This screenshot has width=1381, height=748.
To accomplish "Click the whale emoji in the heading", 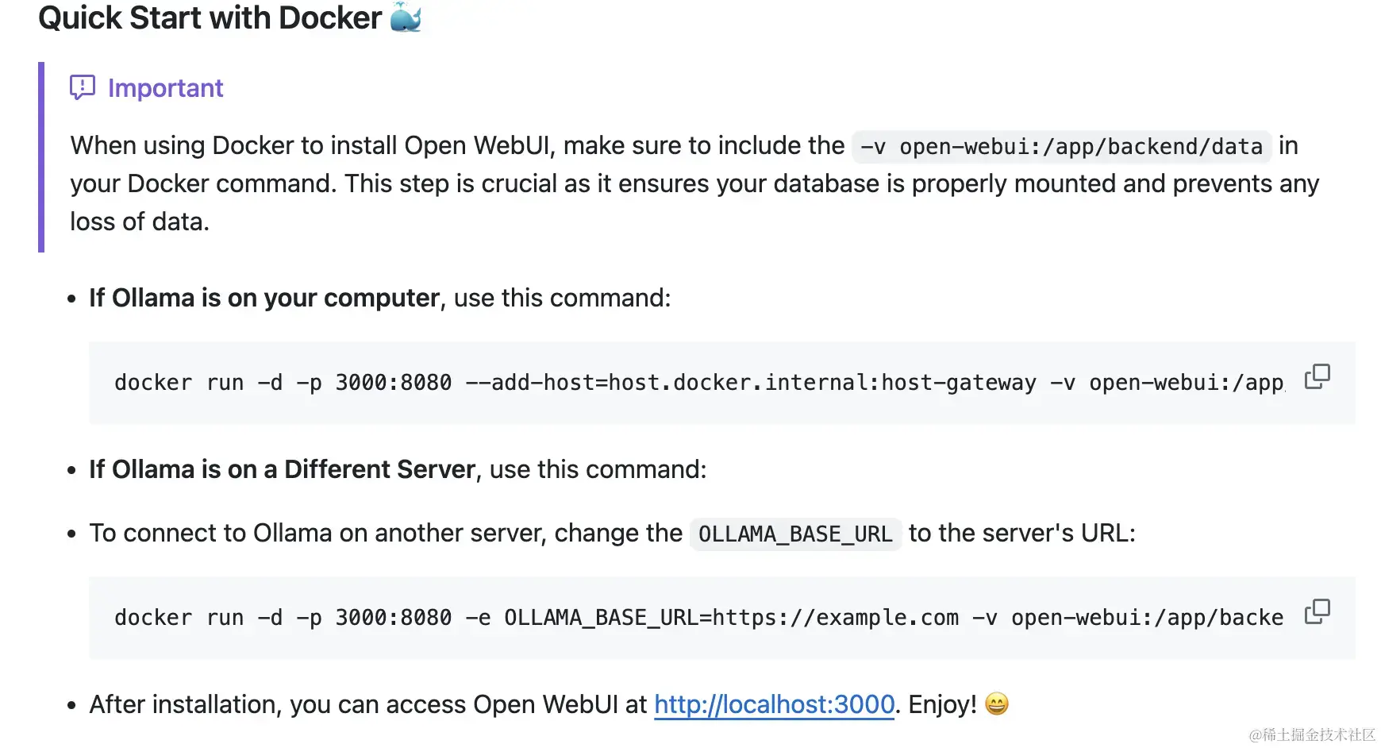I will pos(406,17).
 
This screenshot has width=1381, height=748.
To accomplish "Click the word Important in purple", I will pos(165,88).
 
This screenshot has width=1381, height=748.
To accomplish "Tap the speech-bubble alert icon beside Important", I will pos(83,87).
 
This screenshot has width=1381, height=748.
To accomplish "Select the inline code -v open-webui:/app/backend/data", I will pos(1061,147).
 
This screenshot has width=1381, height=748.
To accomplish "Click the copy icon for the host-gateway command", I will pos(1317,376).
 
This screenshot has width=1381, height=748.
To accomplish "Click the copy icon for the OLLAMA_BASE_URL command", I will pos(1317,611).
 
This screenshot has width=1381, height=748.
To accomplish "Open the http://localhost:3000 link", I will pos(774,704).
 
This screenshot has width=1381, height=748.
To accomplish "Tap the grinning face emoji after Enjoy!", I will pos(996,704).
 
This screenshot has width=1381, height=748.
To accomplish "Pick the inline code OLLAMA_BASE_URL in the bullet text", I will pos(795,534).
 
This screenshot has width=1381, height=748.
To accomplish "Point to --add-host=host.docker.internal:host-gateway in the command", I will pos(750,383).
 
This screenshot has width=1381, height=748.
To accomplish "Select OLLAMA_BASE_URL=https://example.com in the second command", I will pos(731,618).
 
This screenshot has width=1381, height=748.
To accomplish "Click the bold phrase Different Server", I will pos(379,469).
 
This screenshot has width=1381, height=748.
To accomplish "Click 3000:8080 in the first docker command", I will pos(393,383).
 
